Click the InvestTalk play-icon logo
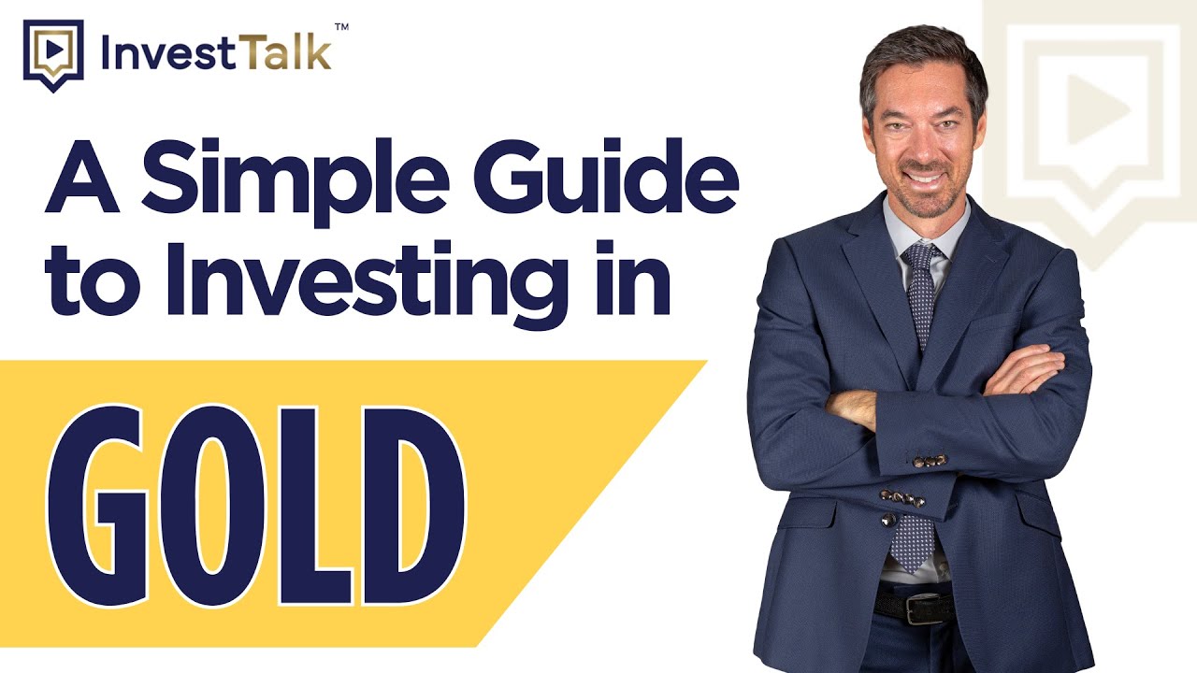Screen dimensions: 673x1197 [53, 53]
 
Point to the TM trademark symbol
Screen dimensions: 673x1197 [341, 27]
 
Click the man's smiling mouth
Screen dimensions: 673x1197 [924, 177]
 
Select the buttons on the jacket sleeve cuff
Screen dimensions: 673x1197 [930, 461]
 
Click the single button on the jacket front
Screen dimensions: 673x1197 [887, 519]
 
